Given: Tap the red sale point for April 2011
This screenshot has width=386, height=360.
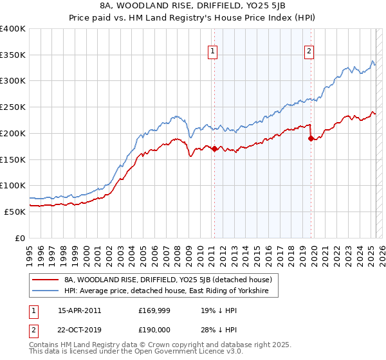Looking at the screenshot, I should point(214,149).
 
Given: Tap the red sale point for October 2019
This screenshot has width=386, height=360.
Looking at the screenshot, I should point(311,138).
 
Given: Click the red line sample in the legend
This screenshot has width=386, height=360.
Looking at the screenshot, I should point(46,280).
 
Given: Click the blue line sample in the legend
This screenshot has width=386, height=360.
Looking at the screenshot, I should point(46,291).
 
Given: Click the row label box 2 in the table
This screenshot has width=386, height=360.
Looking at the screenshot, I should point(33,328).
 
